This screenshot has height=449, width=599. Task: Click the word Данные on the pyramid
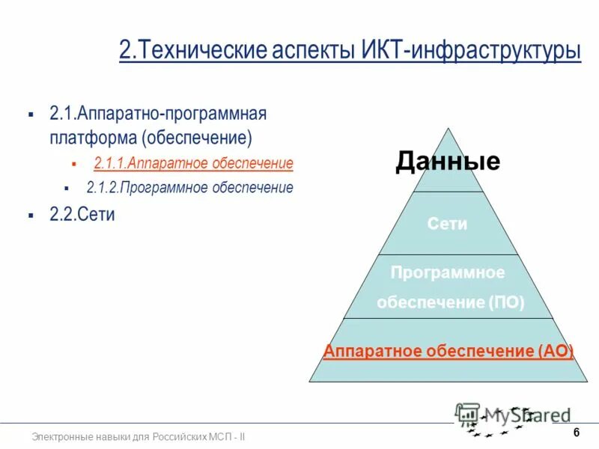(448, 161)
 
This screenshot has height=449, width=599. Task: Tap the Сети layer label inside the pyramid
(448, 224)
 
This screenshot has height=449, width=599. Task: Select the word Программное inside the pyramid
(448, 272)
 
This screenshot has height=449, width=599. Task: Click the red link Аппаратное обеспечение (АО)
(448, 351)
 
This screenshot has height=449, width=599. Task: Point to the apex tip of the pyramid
(448, 129)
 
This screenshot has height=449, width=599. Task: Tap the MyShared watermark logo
(513, 417)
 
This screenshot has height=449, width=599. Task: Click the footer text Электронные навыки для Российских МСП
(139, 436)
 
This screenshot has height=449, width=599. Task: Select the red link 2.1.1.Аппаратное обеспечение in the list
(193, 162)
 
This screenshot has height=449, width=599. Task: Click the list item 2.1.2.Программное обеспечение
(189, 187)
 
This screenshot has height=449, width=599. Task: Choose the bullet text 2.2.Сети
(82, 214)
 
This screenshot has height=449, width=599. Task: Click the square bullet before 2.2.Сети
(31, 216)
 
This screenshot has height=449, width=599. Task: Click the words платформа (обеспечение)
(150, 138)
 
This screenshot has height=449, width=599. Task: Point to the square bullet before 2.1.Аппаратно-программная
(31, 114)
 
